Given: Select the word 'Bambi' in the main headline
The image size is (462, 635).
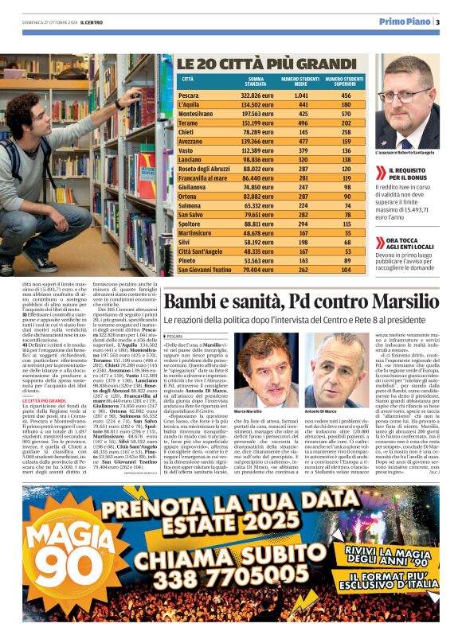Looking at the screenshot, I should [192, 302].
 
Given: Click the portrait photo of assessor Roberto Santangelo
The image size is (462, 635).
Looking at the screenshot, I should [406, 102].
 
